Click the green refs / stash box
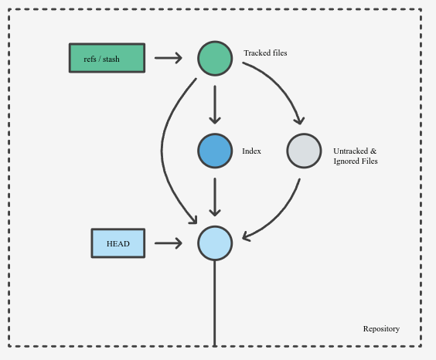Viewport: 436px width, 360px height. [x=107, y=58]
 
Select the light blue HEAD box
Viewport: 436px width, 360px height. [x=118, y=243]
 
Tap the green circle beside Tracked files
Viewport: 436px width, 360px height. [x=215, y=59]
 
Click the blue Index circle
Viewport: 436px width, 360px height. [x=215, y=151]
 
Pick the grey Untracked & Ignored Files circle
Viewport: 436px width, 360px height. [x=305, y=151]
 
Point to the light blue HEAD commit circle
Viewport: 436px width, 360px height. [x=215, y=243]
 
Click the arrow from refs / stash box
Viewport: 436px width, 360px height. [x=169, y=58]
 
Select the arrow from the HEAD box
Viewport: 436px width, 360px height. [x=169, y=243]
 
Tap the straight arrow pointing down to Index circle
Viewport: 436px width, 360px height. [x=215, y=105]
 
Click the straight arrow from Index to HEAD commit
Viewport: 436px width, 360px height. [x=215, y=197]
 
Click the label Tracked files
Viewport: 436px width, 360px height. [x=265, y=53]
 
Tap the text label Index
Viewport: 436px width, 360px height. [x=251, y=151]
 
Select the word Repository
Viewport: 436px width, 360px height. [x=381, y=329]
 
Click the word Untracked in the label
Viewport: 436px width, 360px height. [x=351, y=151]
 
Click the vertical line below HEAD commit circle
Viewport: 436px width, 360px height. [x=215, y=304]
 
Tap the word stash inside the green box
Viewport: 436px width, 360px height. [x=111, y=59]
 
